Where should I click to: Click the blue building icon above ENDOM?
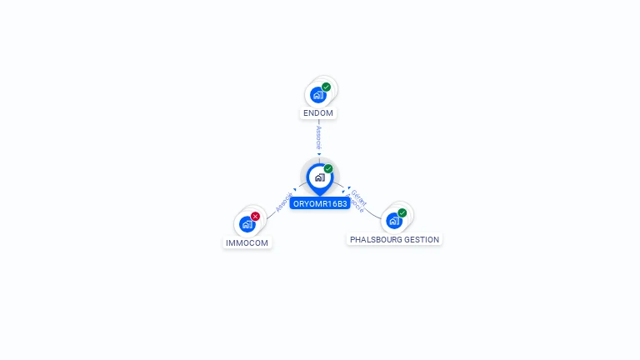[x=317, y=95]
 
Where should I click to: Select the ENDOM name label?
[x=319, y=112]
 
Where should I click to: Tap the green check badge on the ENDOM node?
[x=326, y=87]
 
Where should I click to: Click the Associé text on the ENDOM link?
[x=319, y=137]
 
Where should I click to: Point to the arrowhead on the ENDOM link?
[x=319, y=154]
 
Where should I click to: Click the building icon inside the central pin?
[x=319, y=177]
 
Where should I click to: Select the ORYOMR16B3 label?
[x=320, y=203]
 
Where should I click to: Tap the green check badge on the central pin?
[x=328, y=169]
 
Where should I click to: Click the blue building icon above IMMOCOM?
[x=247, y=224]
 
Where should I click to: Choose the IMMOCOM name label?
[x=247, y=243]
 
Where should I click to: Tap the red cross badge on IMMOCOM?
[x=255, y=217]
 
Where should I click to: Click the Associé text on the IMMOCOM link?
[x=283, y=202]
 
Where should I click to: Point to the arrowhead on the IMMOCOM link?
[x=295, y=190]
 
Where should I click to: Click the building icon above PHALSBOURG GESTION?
[x=393, y=221]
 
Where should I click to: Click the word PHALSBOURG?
[x=375, y=239]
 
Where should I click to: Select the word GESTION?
[x=421, y=239]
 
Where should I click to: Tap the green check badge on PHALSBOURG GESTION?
[x=402, y=213]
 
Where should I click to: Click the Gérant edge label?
[x=359, y=197]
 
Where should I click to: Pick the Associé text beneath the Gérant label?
[x=354, y=204]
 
